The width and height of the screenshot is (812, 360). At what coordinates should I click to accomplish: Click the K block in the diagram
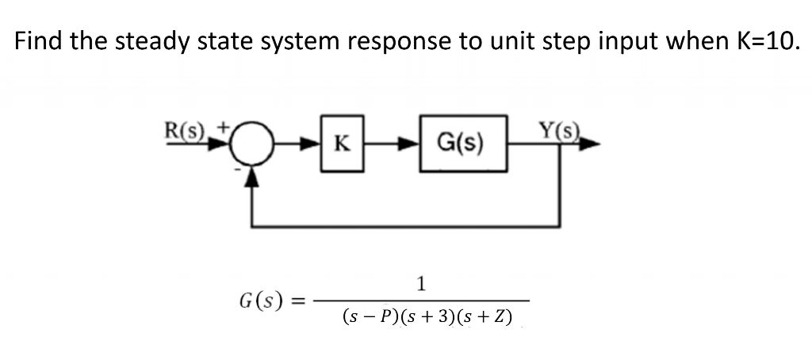(342, 144)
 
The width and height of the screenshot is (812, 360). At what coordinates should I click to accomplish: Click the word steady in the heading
(155, 41)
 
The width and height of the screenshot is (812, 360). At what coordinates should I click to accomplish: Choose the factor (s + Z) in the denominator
(485, 318)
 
